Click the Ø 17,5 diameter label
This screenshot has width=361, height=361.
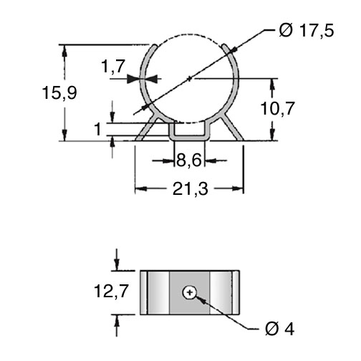(307, 31)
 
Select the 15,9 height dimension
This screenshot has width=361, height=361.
(59, 92)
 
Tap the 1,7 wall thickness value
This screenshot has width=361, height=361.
(113, 66)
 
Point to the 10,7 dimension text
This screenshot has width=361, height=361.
(277, 108)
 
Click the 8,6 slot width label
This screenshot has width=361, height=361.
(189, 160)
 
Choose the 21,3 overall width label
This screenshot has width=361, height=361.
(191, 189)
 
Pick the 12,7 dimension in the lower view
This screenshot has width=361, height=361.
(112, 291)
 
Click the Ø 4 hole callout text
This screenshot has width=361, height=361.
(279, 329)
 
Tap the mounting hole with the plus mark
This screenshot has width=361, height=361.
(190, 292)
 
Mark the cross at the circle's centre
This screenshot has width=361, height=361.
(190, 78)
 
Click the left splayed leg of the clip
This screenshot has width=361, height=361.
(146, 127)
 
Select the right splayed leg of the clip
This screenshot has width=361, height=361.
(232, 127)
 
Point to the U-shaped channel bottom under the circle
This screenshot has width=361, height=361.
(189, 138)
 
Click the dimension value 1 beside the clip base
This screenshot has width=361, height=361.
(98, 129)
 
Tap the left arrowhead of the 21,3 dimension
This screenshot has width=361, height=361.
(141, 189)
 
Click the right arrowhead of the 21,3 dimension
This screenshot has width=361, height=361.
(238, 189)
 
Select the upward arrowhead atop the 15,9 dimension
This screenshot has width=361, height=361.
(64, 51)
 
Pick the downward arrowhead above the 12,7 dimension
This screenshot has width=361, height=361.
(117, 264)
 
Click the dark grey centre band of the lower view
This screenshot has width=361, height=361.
(190, 292)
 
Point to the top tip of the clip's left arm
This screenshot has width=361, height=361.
(155, 45)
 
